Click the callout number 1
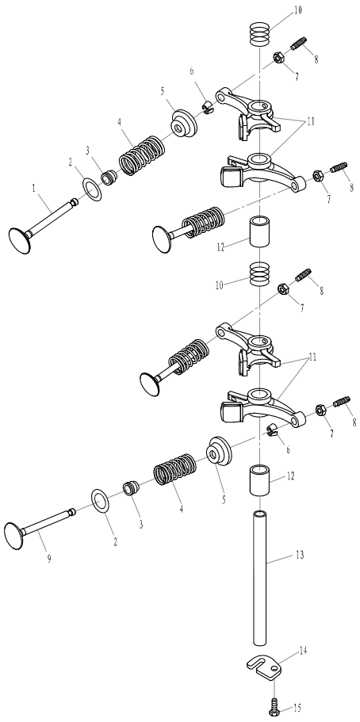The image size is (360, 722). [33, 189]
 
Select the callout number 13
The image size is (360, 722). [300, 555]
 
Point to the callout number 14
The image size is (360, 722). [302, 651]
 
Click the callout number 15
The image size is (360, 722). [297, 707]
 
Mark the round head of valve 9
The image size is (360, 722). [13, 536]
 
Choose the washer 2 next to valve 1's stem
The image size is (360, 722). [93, 189]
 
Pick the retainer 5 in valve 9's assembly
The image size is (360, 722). [218, 451]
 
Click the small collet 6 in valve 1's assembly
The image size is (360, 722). [208, 109]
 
